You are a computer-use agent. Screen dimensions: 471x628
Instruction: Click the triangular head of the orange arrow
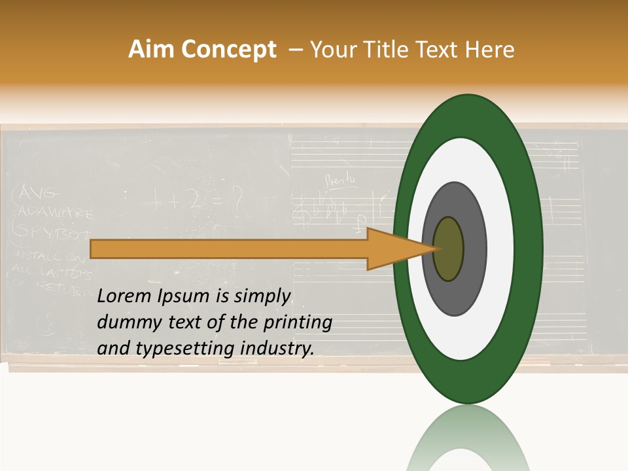click(392, 249)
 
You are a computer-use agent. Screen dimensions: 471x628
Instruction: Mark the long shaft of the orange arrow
click(229, 249)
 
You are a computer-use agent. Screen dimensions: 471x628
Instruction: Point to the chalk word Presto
click(341, 177)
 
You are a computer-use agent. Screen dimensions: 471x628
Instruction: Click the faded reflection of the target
click(468, 442)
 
